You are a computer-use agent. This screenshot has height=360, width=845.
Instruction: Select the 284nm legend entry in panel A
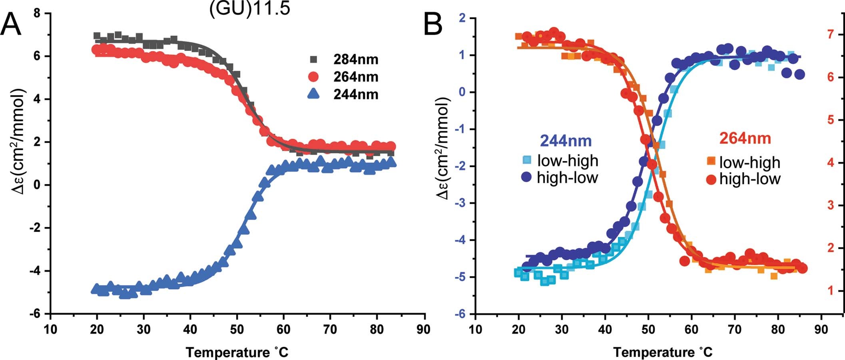[x=355, y=60]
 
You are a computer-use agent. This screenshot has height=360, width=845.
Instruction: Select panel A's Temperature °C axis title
[x=237, y=352]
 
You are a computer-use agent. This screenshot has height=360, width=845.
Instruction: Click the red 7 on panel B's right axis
[x=831, y=34]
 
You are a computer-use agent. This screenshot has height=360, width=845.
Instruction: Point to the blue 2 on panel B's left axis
[x=462, y=18]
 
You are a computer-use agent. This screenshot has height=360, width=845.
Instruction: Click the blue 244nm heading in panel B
[x=565, y=140]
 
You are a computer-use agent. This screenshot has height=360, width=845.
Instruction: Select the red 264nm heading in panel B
[x=745, y=138]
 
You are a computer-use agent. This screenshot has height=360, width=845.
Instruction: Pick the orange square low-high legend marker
[x=711, y=161]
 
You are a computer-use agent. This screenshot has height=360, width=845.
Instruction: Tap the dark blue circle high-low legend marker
[x=526, y=177]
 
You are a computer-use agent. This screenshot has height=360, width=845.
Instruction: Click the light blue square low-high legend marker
[x=527, y=160]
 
